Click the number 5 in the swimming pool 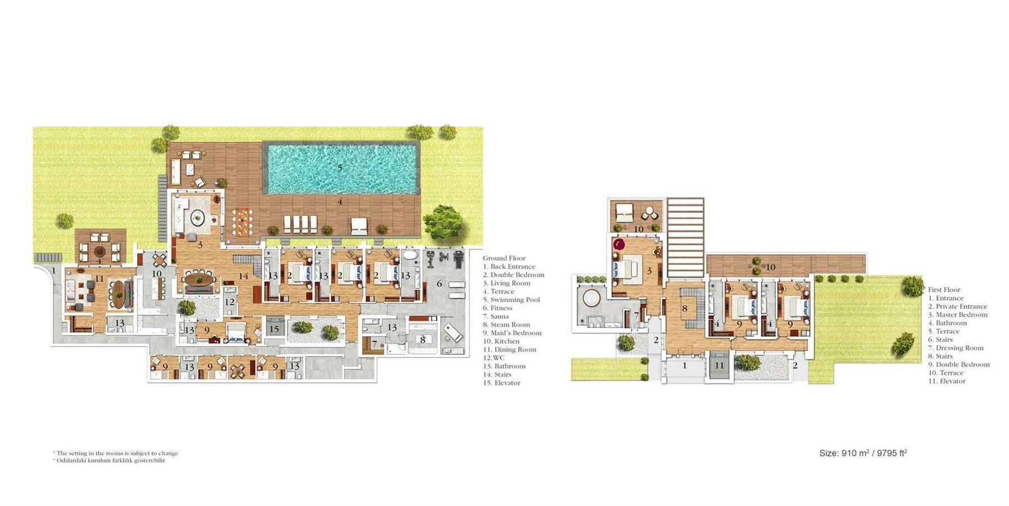[340, 168]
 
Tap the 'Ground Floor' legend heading [504, 258]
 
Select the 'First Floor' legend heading [944, 290]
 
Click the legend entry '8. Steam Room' [506, 324]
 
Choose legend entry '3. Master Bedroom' [958, 315]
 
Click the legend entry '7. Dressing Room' [956, 348]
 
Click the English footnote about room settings [115, 453]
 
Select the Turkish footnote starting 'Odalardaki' [109, 460]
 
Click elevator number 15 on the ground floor [274, 329]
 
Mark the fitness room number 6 [439, 284]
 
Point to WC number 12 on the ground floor [229, 302]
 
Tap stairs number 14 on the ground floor [243, 277]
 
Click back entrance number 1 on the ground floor [54, 270]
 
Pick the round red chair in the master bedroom [619, 245]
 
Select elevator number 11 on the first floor [719, 365]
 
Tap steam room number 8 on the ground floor [422, 340]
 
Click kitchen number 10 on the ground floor [156, 274]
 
